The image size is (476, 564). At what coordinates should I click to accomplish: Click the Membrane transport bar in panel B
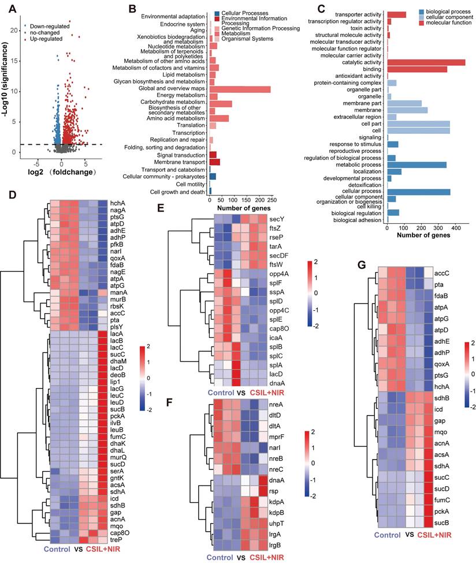(214, 162)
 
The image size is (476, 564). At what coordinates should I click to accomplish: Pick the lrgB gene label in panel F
(276, 543)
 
